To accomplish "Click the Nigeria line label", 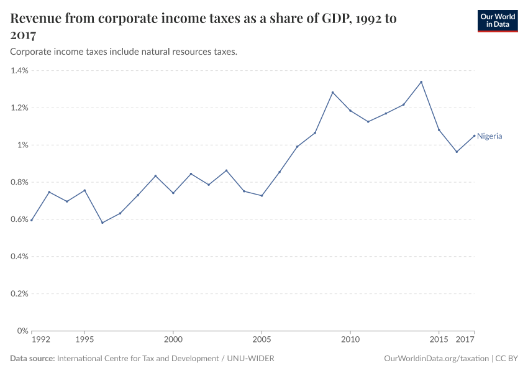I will [489, 136].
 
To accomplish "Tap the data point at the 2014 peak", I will [421, 82].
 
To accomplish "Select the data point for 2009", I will [332, 93].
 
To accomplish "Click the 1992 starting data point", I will [32, 220].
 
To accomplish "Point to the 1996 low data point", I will [102, 223].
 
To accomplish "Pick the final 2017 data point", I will [474, 136].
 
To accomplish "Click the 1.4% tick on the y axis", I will [19, 71].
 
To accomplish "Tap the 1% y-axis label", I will [22, 145].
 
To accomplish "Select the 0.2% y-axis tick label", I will [19, 293].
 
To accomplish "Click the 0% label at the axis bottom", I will [23, 331].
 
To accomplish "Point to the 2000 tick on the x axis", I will [173, 340].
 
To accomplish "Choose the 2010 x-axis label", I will [350, 340].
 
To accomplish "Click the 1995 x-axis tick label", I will [84, 340].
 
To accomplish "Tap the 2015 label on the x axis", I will [439, 340].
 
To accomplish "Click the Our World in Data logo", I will [497, 21].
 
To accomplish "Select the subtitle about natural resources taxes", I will [124, 52].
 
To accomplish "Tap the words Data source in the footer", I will [32, 359].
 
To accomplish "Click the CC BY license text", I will [506, 359].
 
